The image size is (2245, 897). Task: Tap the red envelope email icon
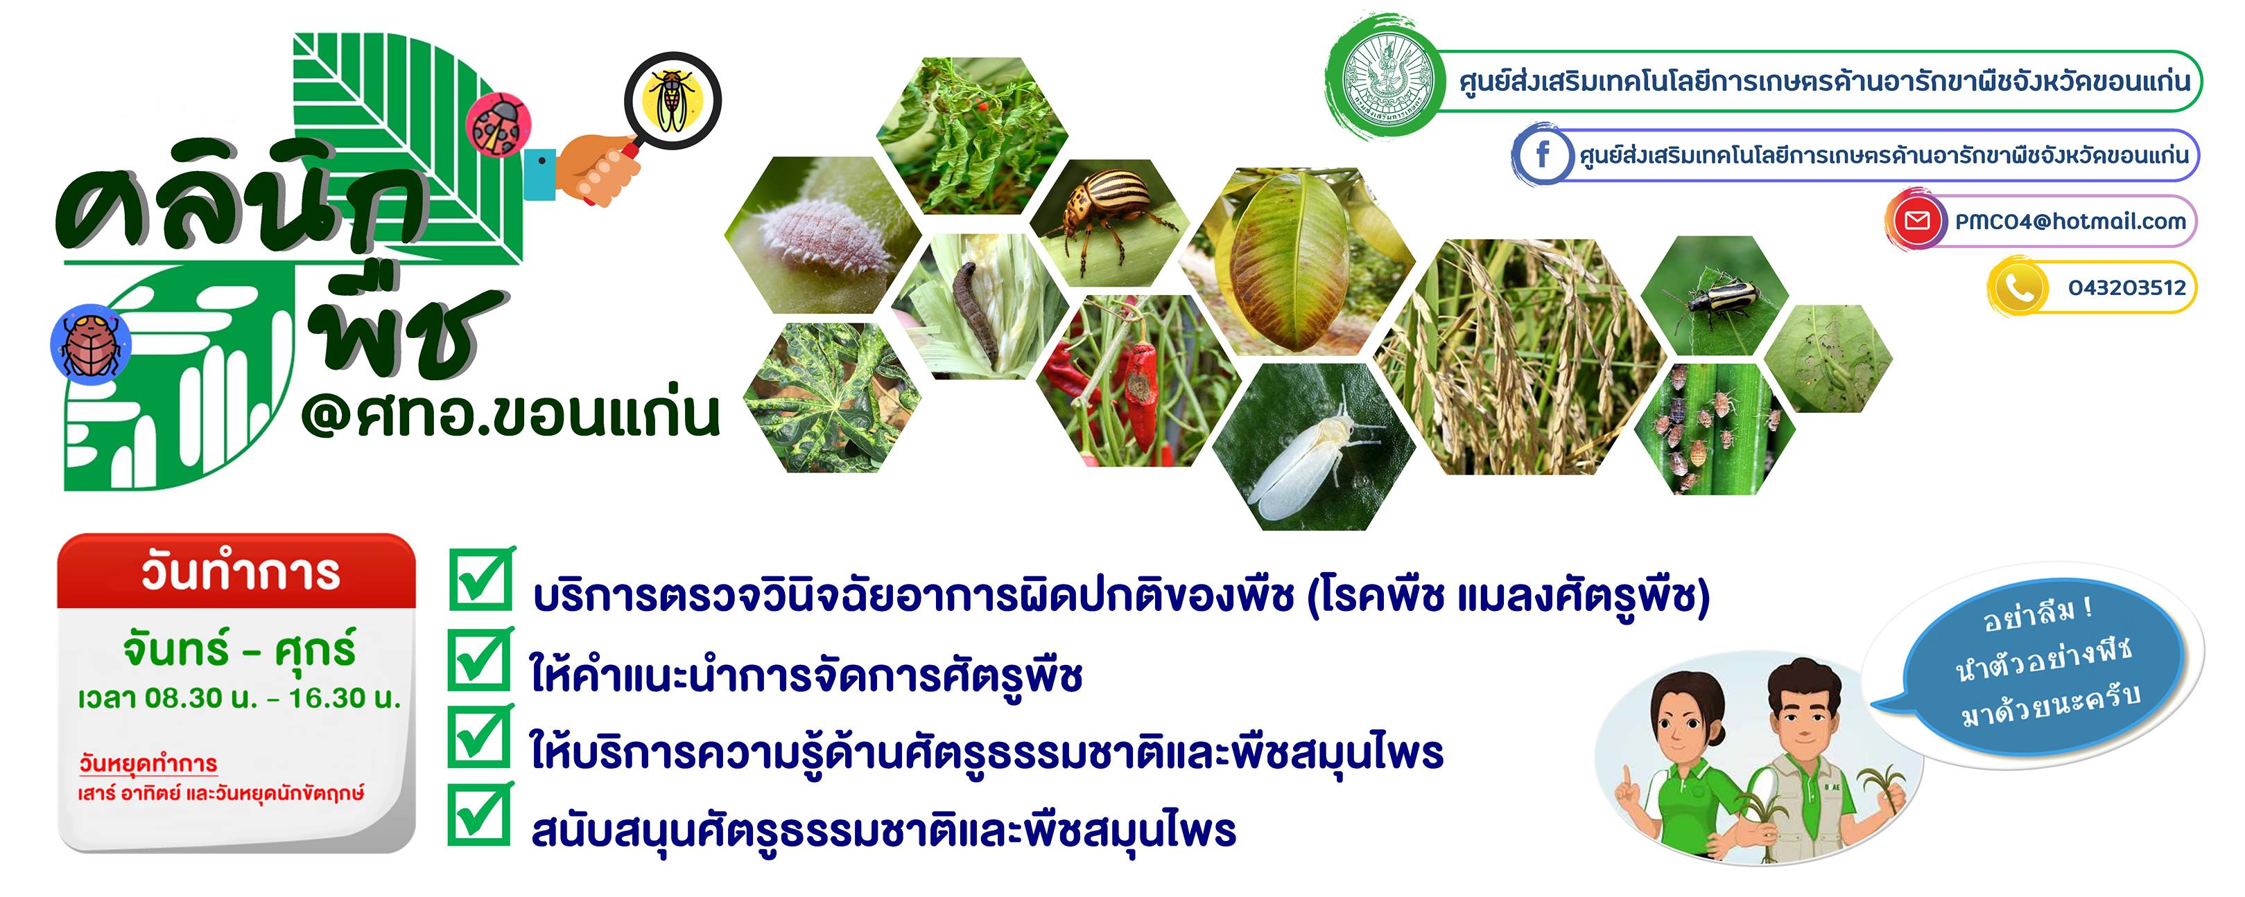click(x=1916, y=221)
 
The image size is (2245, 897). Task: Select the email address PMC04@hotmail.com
click(x=2071, y=221)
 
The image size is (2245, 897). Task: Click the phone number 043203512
click(x=2127, y=287)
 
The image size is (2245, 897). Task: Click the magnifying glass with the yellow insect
click(x=672, y=98)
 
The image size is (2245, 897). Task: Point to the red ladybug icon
click(x=498, y=125)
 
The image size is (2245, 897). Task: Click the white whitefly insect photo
click(x=1315, y=446)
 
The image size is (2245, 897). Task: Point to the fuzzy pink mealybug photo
click(x=824, y=234)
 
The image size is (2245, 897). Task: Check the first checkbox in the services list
click(x=481, y=578)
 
